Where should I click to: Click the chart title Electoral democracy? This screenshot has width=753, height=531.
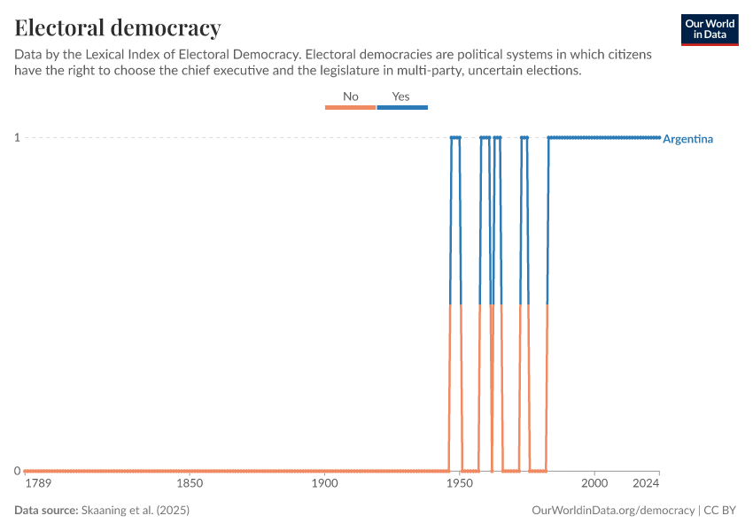118,27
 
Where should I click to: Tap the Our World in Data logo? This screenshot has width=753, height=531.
710,29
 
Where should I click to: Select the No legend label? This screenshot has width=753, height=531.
351,96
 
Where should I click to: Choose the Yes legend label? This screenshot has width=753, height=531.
401,96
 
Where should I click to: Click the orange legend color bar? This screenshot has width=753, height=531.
351,107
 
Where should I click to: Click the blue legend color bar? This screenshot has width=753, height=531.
402,107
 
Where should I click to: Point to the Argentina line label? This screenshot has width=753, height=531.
687,139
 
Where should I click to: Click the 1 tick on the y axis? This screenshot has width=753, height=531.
17,137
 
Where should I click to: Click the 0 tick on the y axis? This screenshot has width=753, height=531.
17,471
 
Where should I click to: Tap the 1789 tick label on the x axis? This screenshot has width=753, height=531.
38,483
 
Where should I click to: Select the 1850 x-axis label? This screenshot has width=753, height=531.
190,483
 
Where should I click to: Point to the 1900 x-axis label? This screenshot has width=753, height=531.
324,483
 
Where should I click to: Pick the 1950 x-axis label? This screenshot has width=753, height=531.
460,483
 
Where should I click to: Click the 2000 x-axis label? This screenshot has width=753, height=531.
594,483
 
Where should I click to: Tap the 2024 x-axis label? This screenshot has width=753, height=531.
647,483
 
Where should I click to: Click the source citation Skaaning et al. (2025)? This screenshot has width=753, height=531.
136,511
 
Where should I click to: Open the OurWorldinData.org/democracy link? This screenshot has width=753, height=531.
613,511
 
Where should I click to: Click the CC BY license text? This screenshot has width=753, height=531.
721,511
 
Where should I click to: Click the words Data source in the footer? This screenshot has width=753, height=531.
45,511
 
